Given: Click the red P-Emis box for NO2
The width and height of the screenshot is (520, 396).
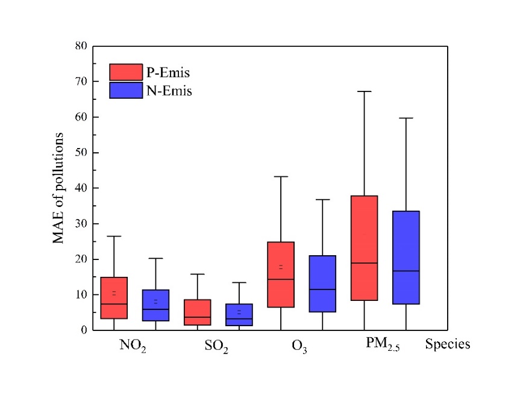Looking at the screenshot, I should [114, 298].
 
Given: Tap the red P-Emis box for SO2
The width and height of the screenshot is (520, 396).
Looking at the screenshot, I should [198, 312].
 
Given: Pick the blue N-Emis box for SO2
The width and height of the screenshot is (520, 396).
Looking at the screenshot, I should [239, 315].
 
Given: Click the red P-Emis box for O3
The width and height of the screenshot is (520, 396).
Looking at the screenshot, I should [281, 274].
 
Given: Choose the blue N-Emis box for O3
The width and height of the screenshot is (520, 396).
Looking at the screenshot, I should [322, 283].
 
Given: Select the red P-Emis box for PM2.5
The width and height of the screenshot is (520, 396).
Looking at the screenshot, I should [364, 248].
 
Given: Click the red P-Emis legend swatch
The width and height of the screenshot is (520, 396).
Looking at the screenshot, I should [126, 72].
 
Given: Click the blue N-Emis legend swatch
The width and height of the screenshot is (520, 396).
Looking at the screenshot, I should [126, 90].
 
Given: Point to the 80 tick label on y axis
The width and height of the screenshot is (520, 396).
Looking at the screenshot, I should [81, 46].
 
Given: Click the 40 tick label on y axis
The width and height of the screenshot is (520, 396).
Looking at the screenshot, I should [81, 188].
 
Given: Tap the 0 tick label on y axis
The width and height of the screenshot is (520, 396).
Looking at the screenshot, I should [84, 330].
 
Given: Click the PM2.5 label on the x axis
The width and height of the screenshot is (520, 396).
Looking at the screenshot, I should [384, 345].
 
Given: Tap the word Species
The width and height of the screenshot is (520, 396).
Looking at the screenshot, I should [447, 345].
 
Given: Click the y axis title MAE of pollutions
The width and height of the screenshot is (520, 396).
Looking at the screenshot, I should [58, 188].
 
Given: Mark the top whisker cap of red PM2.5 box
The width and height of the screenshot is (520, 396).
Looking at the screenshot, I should [364, 91].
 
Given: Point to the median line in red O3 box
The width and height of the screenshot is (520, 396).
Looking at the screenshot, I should [281, 279].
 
